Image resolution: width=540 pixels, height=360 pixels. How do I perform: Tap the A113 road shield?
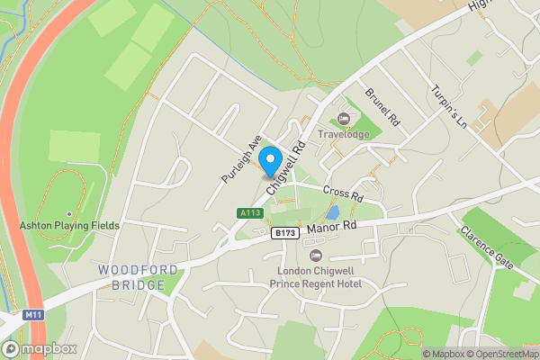(x=249, y=213)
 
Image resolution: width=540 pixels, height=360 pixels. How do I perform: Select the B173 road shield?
(x=284, y=233)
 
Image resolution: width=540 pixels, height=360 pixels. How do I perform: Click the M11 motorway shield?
(x=34, y=314)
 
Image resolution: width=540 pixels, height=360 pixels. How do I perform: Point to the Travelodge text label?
(x=343, y=135)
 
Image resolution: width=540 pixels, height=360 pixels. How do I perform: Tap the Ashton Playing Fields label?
(x=68, y=225)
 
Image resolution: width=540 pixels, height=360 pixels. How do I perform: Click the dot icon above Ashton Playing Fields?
(x=68, y=213)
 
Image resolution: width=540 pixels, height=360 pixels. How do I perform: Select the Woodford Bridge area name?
(x=131, y=277)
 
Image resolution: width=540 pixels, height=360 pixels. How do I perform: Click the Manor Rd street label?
(x=332, y=228)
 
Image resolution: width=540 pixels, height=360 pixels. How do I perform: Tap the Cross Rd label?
(x=342, y=194)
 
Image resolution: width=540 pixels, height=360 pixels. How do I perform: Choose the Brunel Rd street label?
(x=381, y=105)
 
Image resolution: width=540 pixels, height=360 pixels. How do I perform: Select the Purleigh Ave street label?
(x=240, y=160)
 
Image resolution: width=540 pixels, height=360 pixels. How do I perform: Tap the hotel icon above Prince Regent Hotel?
(x=315, y=256)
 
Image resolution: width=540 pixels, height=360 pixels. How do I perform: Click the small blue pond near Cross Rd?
(x=334, y=213)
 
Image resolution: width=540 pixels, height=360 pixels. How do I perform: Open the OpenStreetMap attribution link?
(x=497, y=354)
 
